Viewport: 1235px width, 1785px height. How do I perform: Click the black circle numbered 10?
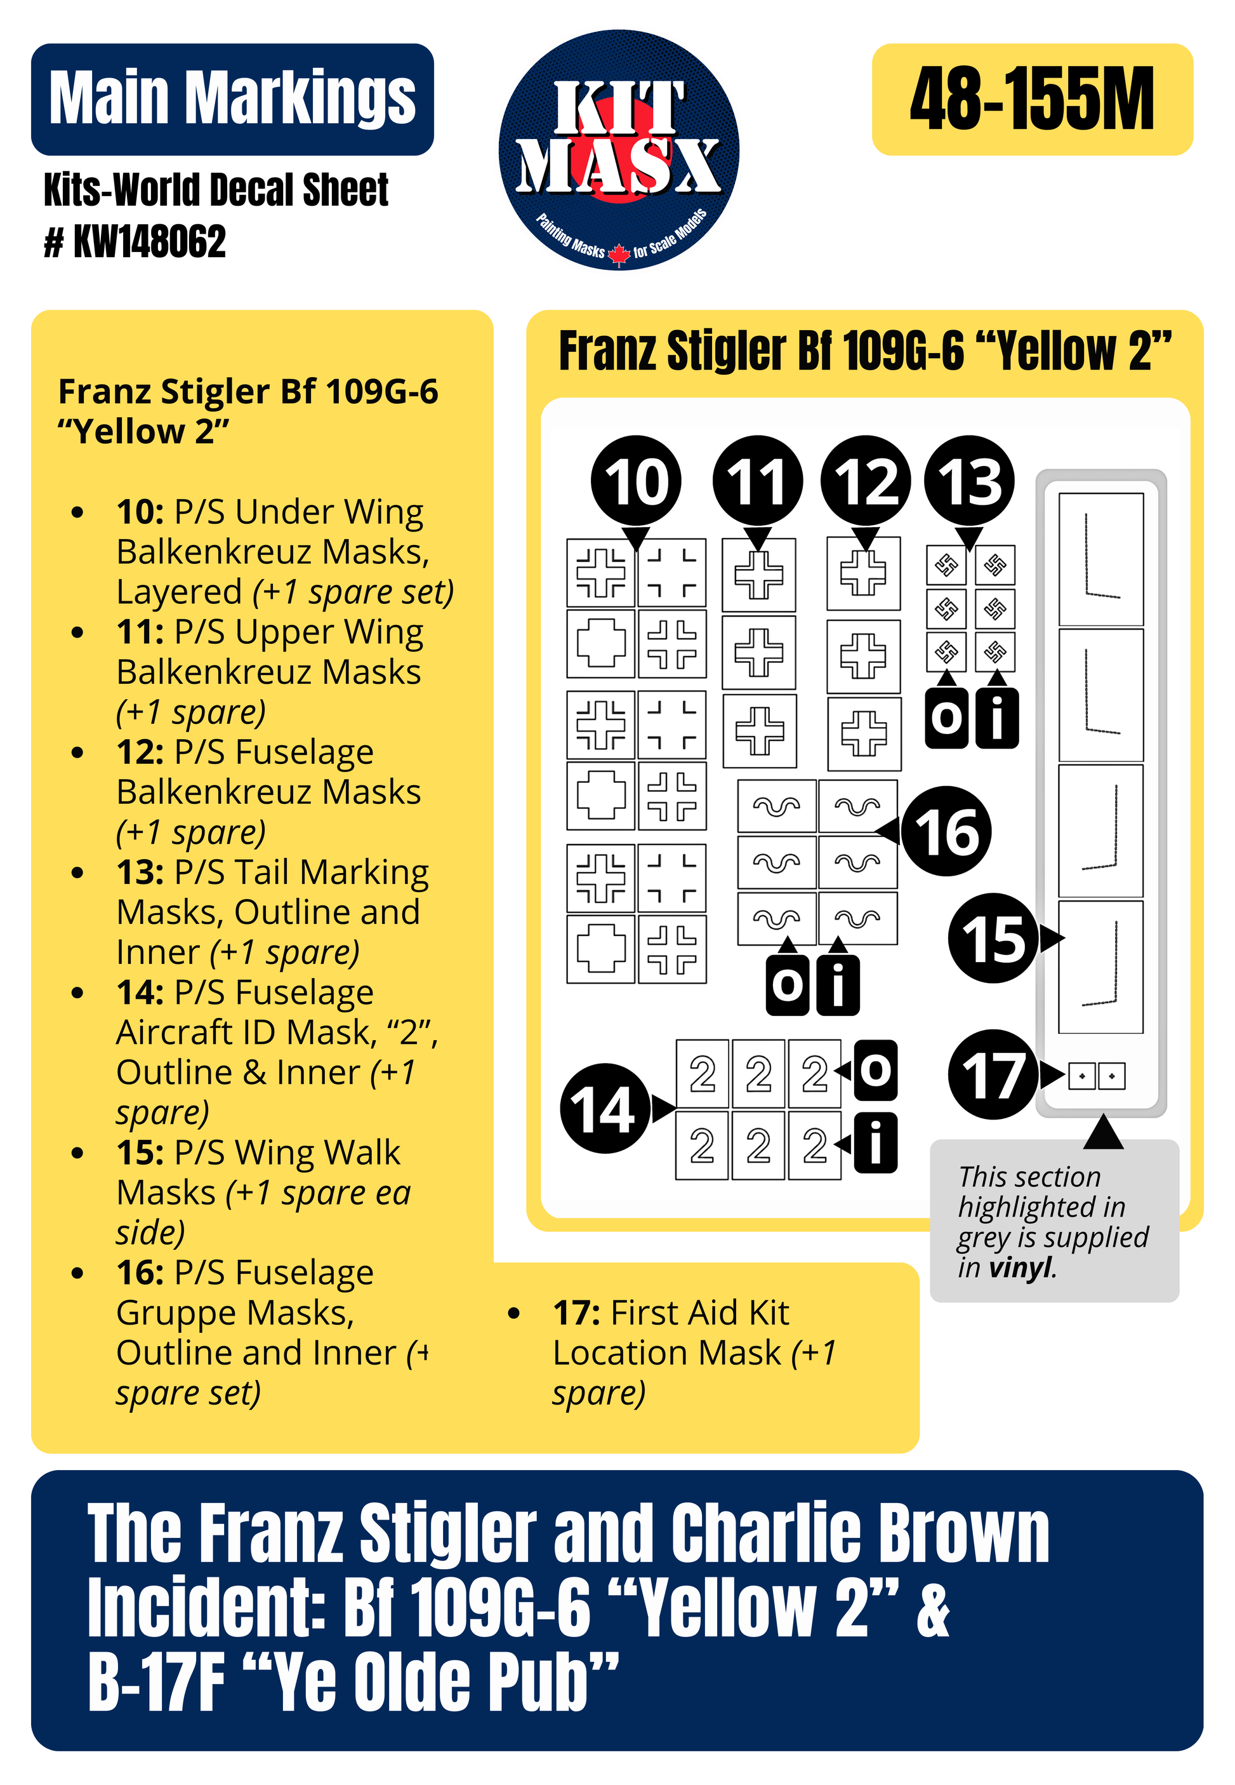[x=635, y=481]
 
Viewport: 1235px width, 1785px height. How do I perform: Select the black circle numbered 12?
[x=866, y=481]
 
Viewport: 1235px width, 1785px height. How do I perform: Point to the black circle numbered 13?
[x=970, y=481]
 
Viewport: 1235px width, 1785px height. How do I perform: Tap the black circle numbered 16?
[x=946, y=831]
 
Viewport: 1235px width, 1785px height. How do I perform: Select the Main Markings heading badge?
[x=232, y=99]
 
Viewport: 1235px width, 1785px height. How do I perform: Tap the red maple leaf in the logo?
[x=618, y=254]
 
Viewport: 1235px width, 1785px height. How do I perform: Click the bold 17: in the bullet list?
[x=576, y=1313]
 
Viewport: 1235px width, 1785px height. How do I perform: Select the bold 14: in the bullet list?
[x=140, y=993]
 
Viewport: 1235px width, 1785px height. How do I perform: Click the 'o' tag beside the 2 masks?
[x=876, y=1071]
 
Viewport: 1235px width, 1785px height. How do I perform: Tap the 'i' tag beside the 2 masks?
[x=876, y=1142]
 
